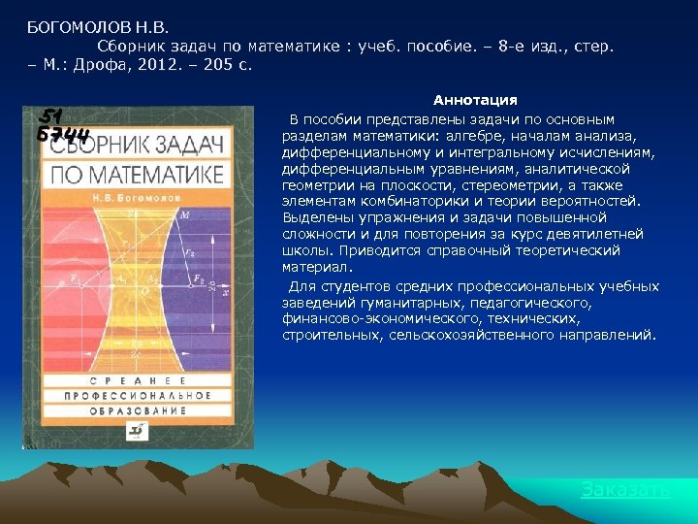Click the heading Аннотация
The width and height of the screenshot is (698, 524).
pyautogui.click(x=475, y=100)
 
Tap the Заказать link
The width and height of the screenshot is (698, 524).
pyautogui.click(x=625, y=490)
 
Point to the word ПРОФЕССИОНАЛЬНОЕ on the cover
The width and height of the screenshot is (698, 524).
pyautogui.click(x=136, y=396)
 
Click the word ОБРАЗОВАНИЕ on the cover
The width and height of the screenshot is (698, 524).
pyautogui.click(x=136, y=411)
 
